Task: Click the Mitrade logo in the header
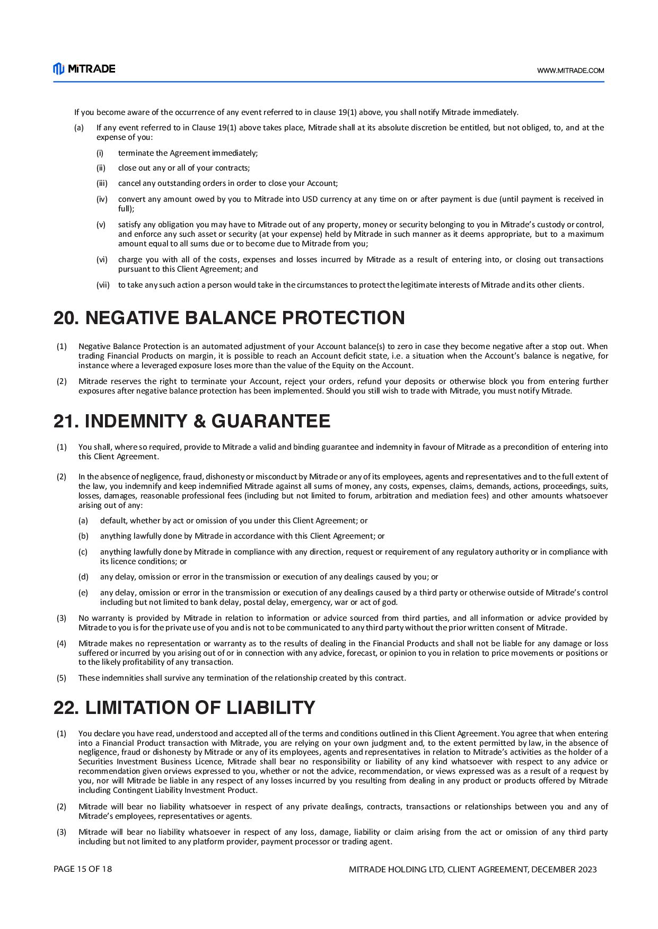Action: pos(84,69)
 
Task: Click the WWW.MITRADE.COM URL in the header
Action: pos(570,70)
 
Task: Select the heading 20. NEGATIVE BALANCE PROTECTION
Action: pos(229,318)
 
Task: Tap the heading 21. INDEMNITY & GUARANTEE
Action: pos(191,421)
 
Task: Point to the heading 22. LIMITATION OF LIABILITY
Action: pos(184,708)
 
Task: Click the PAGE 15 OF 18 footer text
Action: pos(83,869)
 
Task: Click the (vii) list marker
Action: pos(103,285)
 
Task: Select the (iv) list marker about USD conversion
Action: pos(102,199)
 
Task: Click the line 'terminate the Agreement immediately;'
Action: pos(188,153)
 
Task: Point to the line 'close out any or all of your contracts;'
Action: pos(183,168)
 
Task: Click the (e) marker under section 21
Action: pos(83,593)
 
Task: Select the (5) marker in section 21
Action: pos(62,678)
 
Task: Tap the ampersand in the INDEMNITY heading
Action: pos(200,422)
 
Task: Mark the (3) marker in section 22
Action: pos(62,832)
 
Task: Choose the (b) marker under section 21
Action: pos(83,536)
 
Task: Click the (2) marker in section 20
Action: pos(62,381)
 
